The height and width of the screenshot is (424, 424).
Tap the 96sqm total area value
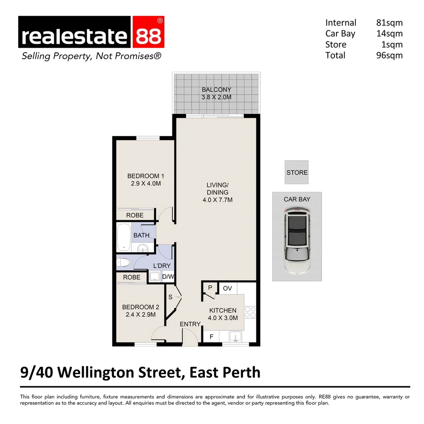[389, 55]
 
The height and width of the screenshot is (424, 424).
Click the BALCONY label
[216, 90]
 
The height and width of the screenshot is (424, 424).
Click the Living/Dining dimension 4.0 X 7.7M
[217, 200]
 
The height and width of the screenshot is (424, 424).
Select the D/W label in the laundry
[168, 277]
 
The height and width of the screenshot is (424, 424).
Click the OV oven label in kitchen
[227, 289]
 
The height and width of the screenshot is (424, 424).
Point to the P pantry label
[210, 288]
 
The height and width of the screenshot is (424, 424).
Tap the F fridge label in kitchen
[211, 336]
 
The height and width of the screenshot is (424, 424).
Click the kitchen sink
[235, 336]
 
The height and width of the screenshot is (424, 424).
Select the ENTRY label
[190, 324]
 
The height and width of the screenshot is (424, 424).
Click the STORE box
[297, 172]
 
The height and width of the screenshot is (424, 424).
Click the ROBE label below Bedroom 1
[135, 215]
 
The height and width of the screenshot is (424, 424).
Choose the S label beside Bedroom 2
[170, 297]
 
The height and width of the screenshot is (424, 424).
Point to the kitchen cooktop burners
[250, 312]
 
